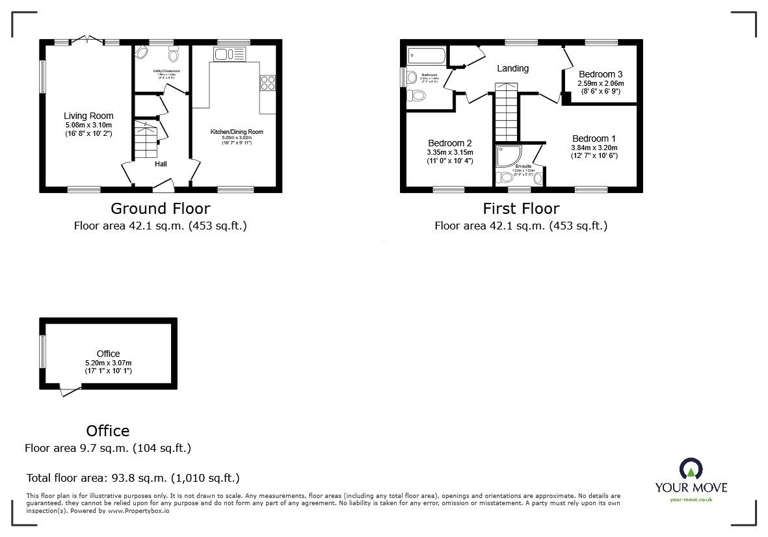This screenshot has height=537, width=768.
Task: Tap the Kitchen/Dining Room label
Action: point(236,132)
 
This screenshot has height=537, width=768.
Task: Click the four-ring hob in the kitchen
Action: point(267,83)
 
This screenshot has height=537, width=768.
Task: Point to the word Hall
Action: point(161,164)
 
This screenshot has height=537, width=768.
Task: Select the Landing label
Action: point(512,68)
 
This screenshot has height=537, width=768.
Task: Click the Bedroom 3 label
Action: point(601,74)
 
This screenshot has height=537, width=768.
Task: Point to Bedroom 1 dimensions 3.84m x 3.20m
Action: point(594,148)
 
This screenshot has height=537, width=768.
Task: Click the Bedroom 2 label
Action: point(449,143)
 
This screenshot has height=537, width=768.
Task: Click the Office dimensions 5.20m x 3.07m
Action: point(108,363)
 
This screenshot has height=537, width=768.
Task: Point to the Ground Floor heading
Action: point(160,209)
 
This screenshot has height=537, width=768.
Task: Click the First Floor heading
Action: point(520,209)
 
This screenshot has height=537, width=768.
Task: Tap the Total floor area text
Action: point(133,478)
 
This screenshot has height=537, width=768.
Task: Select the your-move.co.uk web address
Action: point(691,499)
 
